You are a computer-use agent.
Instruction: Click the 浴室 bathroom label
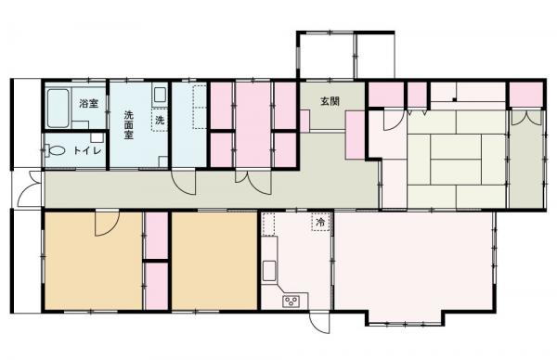(88, 102)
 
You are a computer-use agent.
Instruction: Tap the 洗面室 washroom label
(129, 123)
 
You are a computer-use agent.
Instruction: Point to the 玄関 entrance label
(330, 101)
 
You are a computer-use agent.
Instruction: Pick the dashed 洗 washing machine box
(160, 120)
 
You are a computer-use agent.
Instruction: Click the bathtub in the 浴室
(60, 109)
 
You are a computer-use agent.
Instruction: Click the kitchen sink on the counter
(268, 270)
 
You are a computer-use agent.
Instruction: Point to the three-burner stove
(292, 300)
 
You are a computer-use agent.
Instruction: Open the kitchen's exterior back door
(318, 325)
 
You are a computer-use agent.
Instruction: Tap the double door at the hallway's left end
(28, 190)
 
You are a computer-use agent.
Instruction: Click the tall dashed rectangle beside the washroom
(199, 108)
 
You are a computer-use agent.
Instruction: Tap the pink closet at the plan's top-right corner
(525, 94)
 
